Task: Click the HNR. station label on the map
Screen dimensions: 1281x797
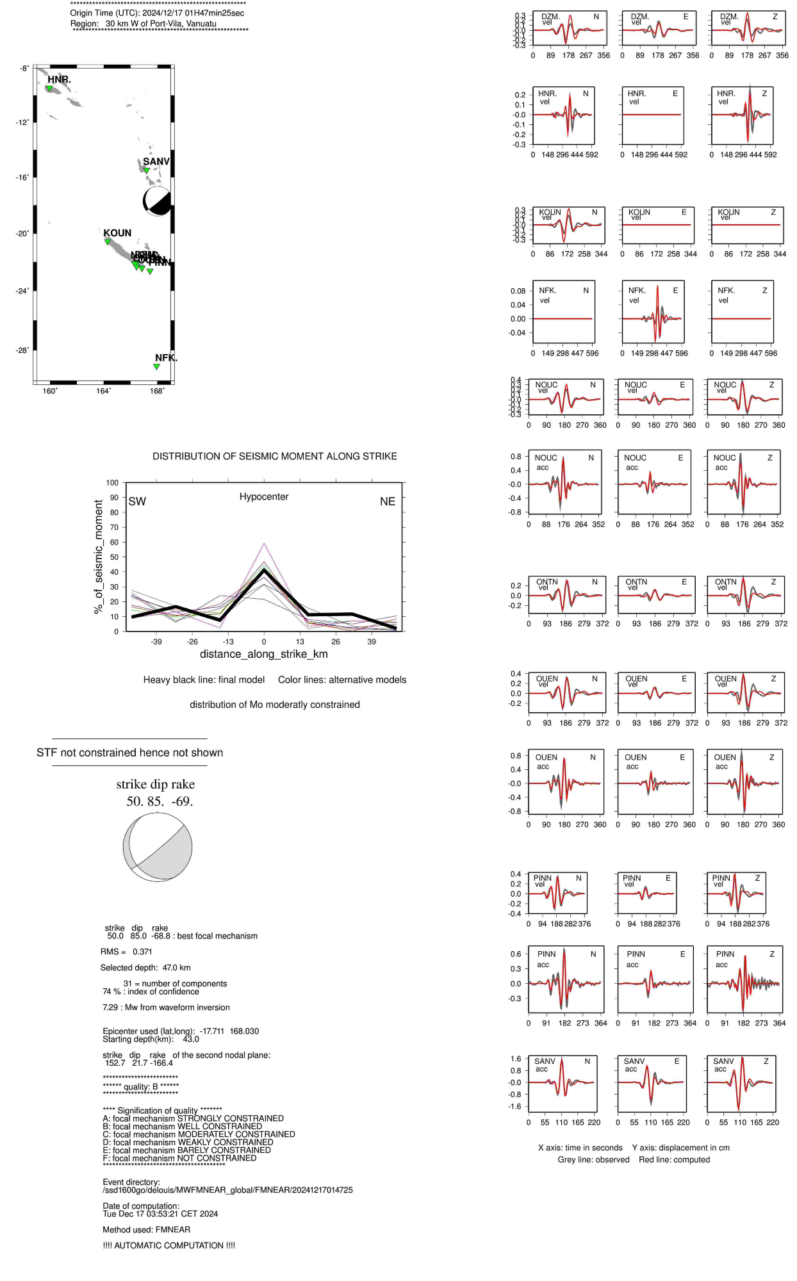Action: [59, 79]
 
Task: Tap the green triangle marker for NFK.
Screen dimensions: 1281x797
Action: [156, 367]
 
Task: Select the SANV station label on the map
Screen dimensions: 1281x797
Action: [156, 161]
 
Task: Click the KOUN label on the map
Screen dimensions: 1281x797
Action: [117, 233]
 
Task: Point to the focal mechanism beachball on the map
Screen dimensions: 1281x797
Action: [157, 201]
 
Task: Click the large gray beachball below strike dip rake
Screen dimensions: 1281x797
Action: [158, 847]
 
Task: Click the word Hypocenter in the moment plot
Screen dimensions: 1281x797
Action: [264, 496]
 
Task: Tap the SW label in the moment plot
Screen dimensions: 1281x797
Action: [137, 502]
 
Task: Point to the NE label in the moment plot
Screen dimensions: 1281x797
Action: [388, 502]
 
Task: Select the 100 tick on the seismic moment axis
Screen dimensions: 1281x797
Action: [112, 483]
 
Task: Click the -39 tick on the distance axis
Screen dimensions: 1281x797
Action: [156, 642]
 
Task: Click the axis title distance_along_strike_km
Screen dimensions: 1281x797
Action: [264, 654]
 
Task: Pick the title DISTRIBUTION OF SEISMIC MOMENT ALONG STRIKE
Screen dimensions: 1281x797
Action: [275, 456]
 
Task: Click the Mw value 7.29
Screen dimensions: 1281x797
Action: [110, 1008]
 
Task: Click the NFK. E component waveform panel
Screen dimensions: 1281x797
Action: [653, 311]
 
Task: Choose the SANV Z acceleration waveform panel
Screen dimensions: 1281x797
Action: [741, 1083]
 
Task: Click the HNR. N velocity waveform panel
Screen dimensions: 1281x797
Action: [564, 115]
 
